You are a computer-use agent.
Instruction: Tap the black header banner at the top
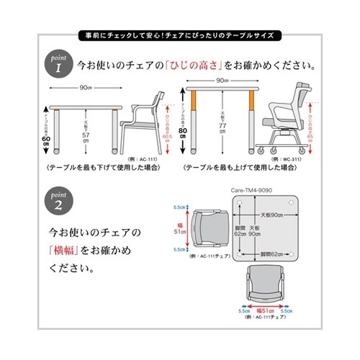(x=180, y=34)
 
